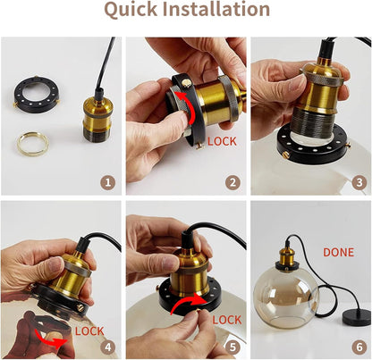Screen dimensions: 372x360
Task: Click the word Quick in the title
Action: tap(131, 10)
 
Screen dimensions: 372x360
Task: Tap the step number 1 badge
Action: tap(108, 182)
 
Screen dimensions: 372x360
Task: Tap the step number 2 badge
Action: tap(232, 182)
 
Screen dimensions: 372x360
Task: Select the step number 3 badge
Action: tap(359, 182)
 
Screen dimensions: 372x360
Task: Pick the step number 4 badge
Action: tap(108, 347)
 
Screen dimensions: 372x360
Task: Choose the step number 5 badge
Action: tap(232, 347)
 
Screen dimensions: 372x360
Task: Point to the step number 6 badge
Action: tap(359, 347)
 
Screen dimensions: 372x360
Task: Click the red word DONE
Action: tap(339, 253)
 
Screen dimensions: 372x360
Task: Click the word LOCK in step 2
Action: tap(222, 141)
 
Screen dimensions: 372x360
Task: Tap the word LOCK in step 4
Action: tap(89, 331)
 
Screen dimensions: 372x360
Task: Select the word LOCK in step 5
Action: tap(227, 320)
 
